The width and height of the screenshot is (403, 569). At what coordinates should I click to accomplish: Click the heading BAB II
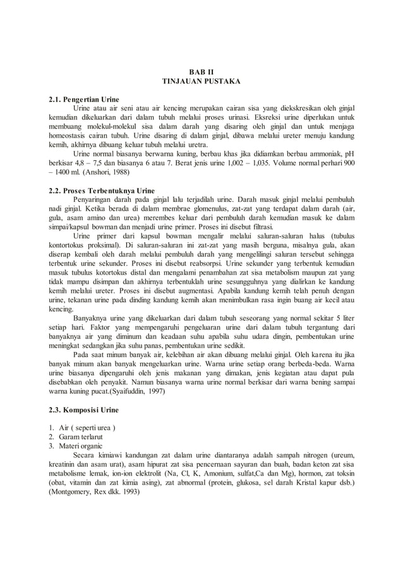click(201, 72)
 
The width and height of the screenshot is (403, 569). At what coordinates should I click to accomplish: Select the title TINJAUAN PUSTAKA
click(201, 81)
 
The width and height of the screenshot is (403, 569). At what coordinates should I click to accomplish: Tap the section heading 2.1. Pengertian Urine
click(84, 99)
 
